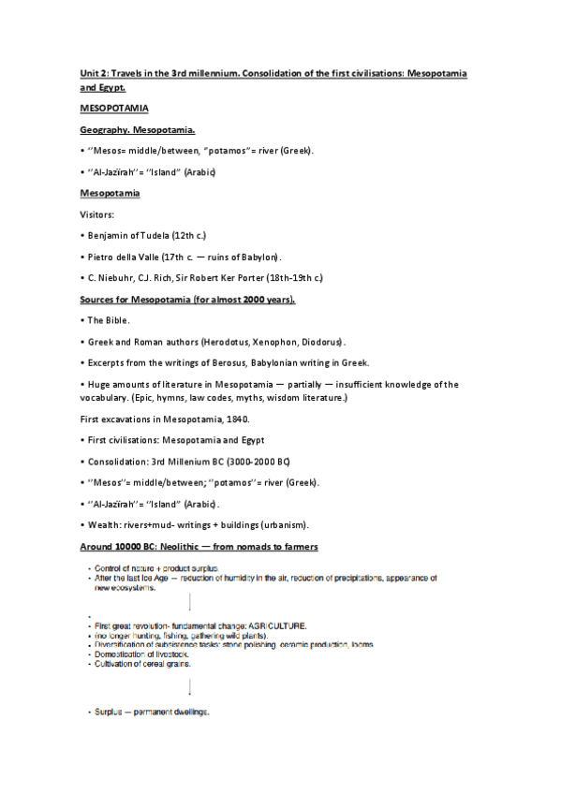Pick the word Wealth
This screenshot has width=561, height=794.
click(x=104, y=524)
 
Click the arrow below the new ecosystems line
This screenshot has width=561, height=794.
click(x=190, y=600)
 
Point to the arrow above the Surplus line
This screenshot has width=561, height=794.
click(x=190, y=688)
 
